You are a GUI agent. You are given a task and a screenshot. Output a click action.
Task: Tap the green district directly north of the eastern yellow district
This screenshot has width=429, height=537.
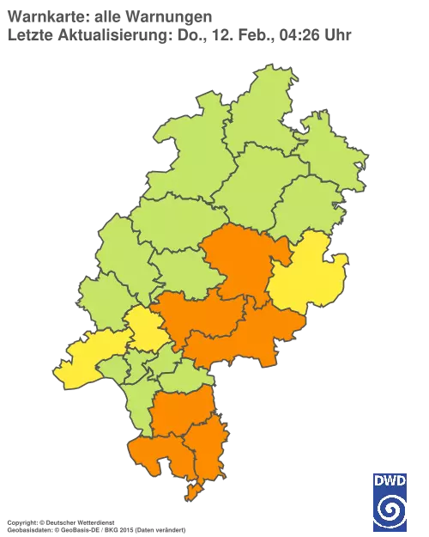click(x=309, y=206)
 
